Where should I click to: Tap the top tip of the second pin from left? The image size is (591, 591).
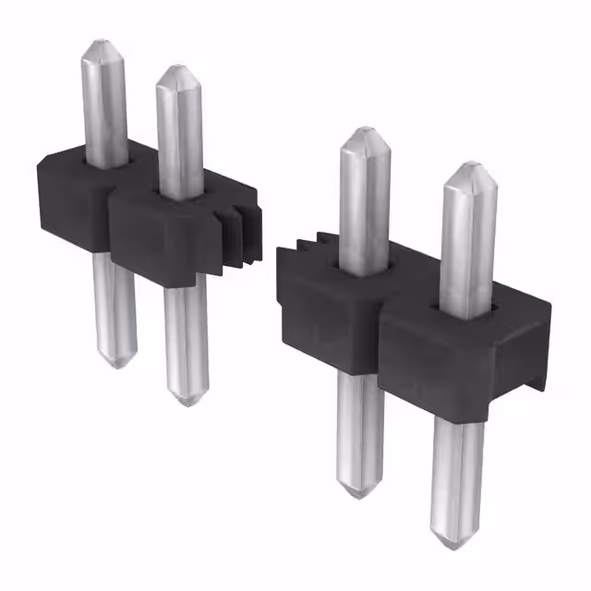[175, 68]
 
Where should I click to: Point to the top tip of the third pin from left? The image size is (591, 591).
[362, 130]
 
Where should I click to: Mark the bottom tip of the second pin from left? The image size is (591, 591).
[187, 402]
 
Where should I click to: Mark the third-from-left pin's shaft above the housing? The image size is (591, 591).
[364, 203]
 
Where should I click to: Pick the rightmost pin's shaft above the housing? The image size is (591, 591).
[467, 240]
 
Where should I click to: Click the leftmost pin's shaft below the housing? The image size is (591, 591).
[114, 305]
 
